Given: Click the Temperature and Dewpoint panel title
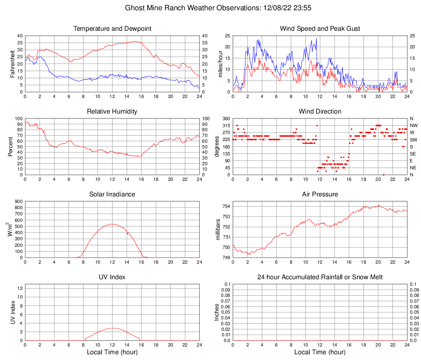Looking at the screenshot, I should click(112, 29).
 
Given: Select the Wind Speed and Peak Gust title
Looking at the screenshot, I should click(320, 29).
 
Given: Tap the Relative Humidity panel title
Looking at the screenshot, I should click(112, 112).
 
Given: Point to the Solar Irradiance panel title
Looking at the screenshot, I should click(112, 194).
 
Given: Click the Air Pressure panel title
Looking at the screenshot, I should click(320, 194).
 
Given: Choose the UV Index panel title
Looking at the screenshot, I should click(112, 277).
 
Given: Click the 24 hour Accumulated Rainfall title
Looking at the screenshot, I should click(320, 277).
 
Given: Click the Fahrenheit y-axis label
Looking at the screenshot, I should click(12, 64).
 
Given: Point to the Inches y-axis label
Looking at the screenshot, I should click(217, 312).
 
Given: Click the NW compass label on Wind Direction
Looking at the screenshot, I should click(414, 125).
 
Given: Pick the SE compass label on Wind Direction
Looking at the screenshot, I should click(413, 154).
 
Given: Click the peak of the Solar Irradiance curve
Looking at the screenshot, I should click(112, 224).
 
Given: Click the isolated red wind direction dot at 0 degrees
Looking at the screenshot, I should click(383, 175).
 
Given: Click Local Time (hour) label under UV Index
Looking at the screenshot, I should click(112, 352).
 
